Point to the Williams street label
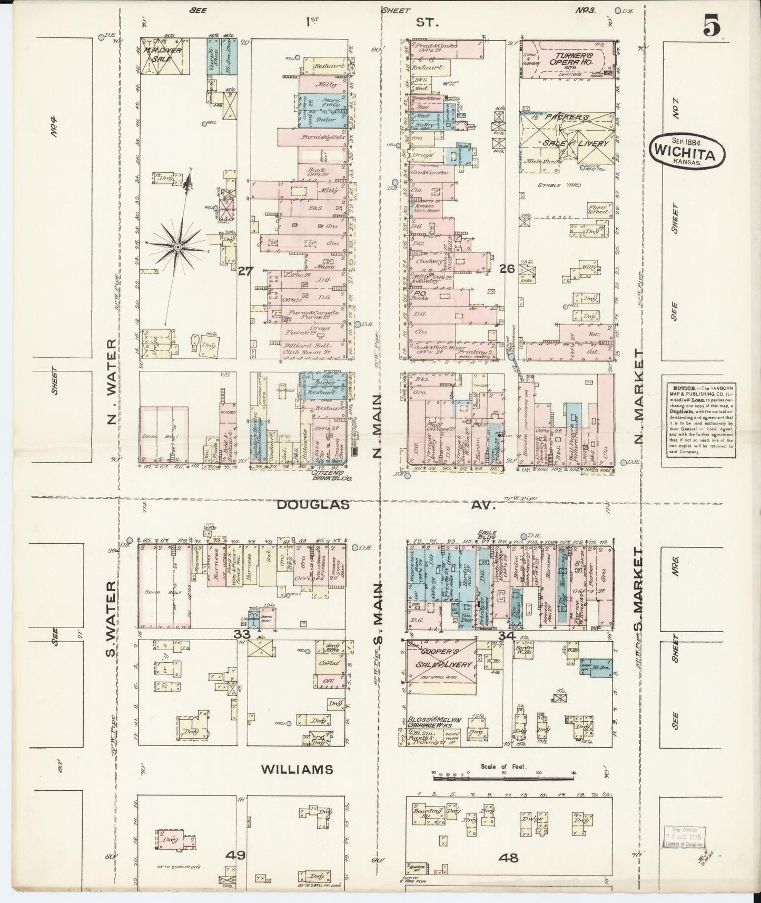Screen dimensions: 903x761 click(x=298, y=769)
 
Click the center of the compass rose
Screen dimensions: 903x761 click(x=178, y=246)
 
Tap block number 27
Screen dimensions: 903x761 click(x=245, y=271)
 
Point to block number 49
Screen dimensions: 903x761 click(x=235, y=855)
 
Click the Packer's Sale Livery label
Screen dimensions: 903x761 click(x=567, y=129)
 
